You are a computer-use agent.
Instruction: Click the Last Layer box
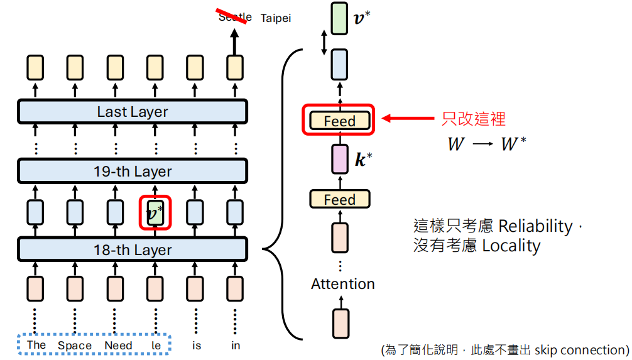point(132,112)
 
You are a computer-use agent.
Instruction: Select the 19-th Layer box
point(132,172)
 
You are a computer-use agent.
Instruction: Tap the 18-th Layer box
point(132,250)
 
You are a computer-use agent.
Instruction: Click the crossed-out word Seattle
point(235,17)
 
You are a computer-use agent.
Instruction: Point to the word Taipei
point(276,18)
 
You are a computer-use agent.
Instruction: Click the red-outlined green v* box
point(155,214)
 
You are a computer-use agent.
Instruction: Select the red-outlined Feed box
point(339,121)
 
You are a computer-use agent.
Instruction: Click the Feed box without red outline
point(339,200)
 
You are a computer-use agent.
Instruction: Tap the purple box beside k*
point(339,159)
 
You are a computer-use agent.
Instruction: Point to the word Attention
point(342,284)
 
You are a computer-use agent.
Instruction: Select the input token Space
point(75,345)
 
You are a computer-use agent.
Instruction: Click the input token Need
point(118,345)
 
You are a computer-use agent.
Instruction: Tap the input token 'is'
point(197,345)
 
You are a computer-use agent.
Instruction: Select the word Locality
point(511,245)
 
